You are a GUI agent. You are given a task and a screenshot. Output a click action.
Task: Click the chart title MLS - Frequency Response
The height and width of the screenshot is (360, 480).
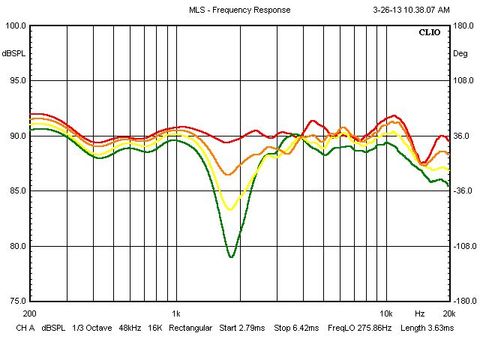point(239,10)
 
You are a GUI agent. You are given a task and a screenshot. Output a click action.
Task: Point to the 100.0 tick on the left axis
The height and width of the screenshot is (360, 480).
point(16,26)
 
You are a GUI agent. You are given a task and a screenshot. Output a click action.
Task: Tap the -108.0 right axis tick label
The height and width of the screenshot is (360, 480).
point(464,246)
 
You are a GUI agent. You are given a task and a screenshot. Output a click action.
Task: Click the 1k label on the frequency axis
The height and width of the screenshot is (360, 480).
point(175,313)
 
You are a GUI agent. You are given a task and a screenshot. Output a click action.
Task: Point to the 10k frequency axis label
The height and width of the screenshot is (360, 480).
point(385,313)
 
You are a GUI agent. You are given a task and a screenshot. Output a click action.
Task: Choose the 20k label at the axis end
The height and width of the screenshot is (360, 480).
point(448,313)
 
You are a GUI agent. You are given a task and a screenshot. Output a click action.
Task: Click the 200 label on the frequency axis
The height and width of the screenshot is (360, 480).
point(30,313)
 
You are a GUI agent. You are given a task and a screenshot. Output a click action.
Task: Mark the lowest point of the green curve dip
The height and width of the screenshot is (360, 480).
point(231,257)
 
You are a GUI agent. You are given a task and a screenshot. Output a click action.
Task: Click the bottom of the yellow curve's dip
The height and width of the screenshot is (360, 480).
point(231,209)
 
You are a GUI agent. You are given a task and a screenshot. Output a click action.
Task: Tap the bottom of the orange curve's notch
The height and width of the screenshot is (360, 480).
point(229,175)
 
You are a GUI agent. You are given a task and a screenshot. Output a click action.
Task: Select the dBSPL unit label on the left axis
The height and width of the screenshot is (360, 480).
point(13,54)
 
